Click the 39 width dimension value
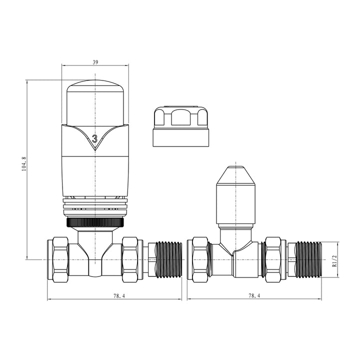tap(95, 62)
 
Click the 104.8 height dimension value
tap(23, 164)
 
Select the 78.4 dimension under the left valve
tap(119, 296)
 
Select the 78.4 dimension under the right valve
tap(253, 296)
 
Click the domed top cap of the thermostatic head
tap(95, 100)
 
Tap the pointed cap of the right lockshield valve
tap(235, 177)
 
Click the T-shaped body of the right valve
tap(235, 255)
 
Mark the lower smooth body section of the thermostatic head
tap(95, 175)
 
